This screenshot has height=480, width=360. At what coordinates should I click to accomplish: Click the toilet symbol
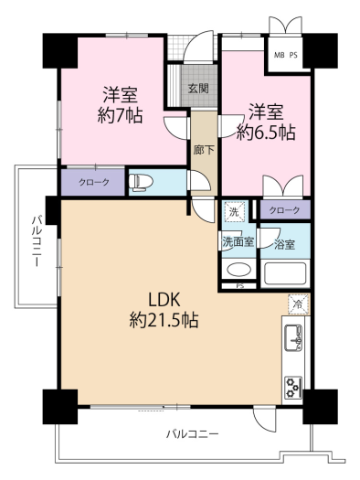[x=141, y=183]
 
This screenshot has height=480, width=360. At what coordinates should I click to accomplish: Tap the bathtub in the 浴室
[x=286, y=273]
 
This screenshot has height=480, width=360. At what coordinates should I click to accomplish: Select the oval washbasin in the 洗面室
[x=238, y=270]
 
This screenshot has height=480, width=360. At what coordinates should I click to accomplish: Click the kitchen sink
[x=293, y=338]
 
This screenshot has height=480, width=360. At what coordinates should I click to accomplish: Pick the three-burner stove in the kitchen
[x=293, y=388]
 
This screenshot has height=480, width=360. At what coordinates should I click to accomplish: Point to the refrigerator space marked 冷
[x=298, y=304]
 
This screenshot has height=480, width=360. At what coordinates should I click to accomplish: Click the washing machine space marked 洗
[x=235, y=211]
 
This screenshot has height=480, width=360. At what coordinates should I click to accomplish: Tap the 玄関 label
[x=198, y=89]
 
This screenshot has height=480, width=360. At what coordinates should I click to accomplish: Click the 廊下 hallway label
[x=204, y=150]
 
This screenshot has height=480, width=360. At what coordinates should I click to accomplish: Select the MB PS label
[x=286, y=56]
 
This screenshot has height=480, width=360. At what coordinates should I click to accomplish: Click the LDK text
[x=164, y=300]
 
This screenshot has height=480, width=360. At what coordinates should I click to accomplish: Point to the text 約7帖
[x=120, y=116]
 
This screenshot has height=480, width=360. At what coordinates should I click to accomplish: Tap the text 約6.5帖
[x=266, y=133]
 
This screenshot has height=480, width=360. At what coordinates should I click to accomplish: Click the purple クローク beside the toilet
[x=93, y=183]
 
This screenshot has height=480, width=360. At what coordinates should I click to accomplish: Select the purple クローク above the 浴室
[x=285, y=209]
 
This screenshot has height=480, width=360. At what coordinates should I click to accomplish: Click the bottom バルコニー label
[x=193, y=433]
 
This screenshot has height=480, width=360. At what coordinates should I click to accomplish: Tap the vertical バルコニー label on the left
[x=37, y=241]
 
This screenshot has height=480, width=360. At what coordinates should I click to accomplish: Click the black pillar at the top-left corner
[x=59, y=50]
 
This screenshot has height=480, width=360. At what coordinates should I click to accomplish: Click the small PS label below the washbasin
[x=240, y=286]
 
